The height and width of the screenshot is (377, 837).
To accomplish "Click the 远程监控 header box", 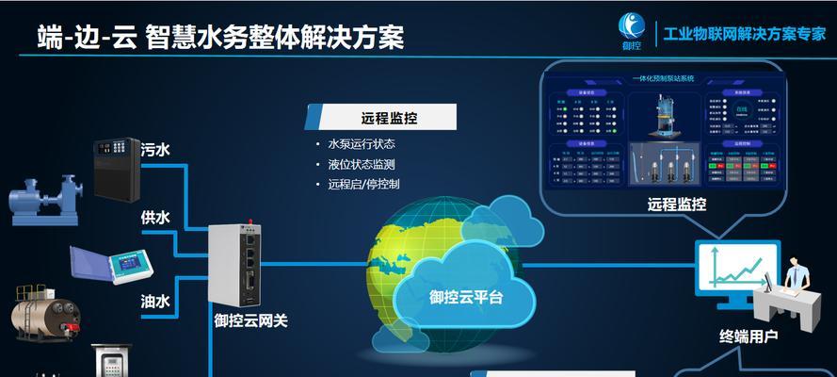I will click(x=380, y=118).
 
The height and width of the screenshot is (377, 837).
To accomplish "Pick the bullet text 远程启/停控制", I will click(x=363, y=184).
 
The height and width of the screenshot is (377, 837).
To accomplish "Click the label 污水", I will click(x=155, y=149).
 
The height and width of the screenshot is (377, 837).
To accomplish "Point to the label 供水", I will click(x=155, y=218).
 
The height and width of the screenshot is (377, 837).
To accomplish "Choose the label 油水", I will click(x=155, y=301).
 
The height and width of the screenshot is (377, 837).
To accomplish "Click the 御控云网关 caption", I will click(x=250, y=320).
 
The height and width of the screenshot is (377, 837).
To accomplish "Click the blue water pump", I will click(x=42, y=199).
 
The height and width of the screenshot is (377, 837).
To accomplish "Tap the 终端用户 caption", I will click(x=748, y=336).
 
